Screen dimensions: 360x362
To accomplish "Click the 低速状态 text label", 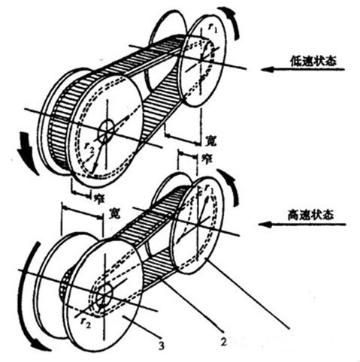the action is (313, 61).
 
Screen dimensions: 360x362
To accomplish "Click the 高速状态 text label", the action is (310, 215).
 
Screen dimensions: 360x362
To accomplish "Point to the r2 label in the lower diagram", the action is (85, 323).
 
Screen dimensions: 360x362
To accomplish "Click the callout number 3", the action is (162, 345).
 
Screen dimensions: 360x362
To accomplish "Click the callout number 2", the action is (224, 342).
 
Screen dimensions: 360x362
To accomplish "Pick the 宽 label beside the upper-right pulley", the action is (210, 140).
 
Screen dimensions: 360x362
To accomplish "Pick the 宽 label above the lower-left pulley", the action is (114, 213).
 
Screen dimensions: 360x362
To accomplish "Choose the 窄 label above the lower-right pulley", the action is (207, 158).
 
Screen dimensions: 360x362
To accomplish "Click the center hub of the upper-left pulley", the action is (106, 131).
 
